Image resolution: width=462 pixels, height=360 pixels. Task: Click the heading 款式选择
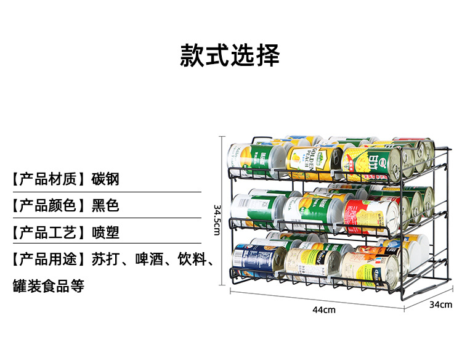click(x=230, y=55)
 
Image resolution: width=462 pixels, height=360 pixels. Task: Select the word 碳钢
click(x=105, y=179)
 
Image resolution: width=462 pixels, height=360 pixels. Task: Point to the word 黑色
click(x=105, y=206)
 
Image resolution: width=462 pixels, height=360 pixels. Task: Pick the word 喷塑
click(x=105, y=233)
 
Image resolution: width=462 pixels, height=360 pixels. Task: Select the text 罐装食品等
click(x=49, y=287)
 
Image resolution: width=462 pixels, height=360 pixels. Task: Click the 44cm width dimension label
click(x=324, y=310)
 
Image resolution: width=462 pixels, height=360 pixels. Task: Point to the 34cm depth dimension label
click(x=440, y=305)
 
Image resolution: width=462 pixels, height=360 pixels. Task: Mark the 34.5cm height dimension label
click(x=217, y=219)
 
